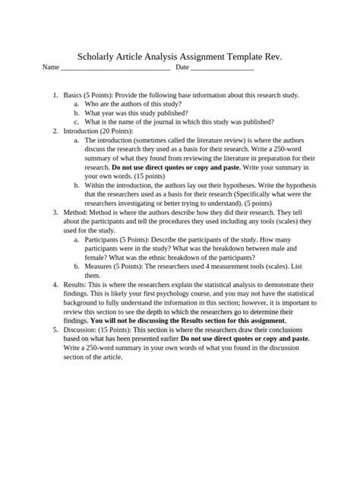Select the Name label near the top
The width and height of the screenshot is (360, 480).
(x=51, y=68)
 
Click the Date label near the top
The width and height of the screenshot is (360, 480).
(x=182, y=68)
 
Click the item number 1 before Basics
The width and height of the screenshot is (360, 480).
(x=55, y=96)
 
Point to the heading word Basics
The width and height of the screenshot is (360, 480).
(x=74, y=96)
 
